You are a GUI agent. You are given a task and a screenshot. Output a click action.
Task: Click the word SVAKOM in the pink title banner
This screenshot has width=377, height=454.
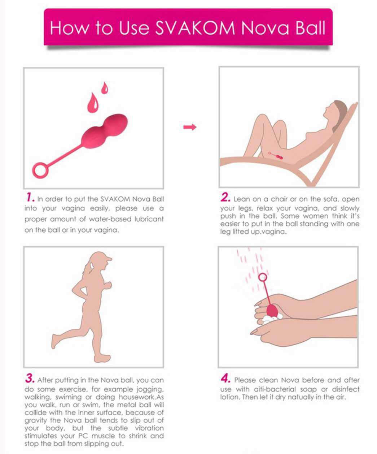(x=195, y=28)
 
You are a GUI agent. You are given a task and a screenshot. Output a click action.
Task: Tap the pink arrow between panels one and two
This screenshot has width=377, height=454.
(x=190, y=127)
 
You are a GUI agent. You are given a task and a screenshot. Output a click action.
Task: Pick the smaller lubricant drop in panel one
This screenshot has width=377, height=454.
(x=105, y=88)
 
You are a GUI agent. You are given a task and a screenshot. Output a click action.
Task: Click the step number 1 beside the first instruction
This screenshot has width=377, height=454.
(x=30, y=198)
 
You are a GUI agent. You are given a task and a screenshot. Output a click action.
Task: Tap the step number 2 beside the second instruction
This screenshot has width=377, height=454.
(x=225, y=198)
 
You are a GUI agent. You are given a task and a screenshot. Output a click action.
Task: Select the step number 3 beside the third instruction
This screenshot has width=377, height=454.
(x=30, y=379)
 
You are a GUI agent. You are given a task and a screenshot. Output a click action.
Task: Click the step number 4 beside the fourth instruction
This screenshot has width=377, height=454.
(x=225, y=379)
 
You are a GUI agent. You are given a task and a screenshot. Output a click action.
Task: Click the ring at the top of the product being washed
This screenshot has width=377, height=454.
(x=263, y=277)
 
